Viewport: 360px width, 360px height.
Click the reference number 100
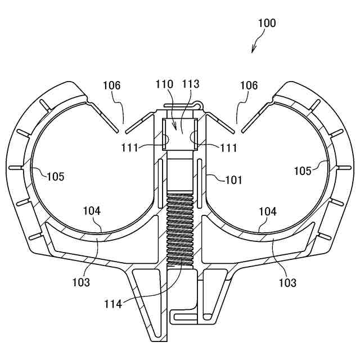coord(267,23)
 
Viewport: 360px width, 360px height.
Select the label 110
coord(164,84)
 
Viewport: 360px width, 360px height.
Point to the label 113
coord(191,84)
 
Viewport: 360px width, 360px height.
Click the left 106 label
coord(111,85)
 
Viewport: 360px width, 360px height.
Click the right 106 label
coord(249,85)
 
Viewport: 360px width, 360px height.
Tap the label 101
coord(233,180)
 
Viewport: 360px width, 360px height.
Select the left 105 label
coord(55,176)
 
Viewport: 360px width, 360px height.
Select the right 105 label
coord(303,170)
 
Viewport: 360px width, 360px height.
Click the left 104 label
coord(91,211)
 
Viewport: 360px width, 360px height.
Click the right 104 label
coord(267,211)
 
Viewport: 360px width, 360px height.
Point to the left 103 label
coord(80,282)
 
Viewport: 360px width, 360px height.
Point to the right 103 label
coord(287,282)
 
